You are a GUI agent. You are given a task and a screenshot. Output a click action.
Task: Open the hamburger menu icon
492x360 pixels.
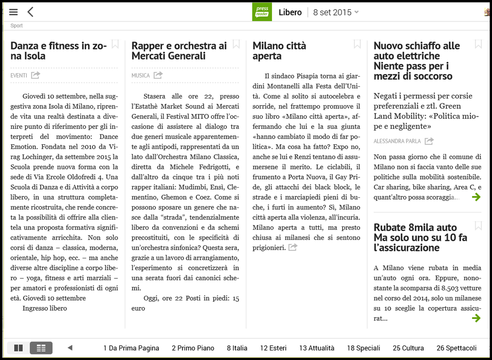tap(13, 12)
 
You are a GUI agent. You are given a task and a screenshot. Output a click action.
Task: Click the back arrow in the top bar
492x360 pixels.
tap(31, 12)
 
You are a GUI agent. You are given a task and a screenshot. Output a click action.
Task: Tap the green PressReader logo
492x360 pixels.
tap(262, 12)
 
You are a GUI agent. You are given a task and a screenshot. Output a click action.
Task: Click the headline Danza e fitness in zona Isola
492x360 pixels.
tap(59, 51)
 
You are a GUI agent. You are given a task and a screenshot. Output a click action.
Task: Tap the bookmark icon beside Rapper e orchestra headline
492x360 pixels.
tap(236, 44)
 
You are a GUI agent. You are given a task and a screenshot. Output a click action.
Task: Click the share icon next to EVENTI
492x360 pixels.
tap(36, 75)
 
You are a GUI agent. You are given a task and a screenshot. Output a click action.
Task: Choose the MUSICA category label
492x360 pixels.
tap(141, 75)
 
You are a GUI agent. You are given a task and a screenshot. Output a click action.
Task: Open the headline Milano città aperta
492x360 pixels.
tap(279, 51)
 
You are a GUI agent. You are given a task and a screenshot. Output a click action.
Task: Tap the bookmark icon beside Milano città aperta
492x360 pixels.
tap(357, 44)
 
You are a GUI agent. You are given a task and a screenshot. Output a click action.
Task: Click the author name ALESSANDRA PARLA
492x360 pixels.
tap(397, 141)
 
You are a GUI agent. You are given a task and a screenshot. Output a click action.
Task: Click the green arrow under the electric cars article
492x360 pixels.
tap(476, 197)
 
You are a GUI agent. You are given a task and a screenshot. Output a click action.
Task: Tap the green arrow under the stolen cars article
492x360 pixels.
tap(476, 318)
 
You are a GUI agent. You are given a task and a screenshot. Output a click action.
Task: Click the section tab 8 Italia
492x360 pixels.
tap(237, 348)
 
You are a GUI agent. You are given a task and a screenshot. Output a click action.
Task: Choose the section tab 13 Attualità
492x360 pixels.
tap(317, 348)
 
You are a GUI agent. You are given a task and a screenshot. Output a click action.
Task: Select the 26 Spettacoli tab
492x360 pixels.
tap(456, 348)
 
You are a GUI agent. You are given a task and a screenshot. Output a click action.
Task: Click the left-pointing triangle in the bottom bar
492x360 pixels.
tap(70, 348)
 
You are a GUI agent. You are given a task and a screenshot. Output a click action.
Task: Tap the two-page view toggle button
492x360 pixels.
tap(19, 348)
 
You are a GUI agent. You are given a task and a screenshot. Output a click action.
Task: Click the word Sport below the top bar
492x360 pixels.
tap(17, 26)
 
